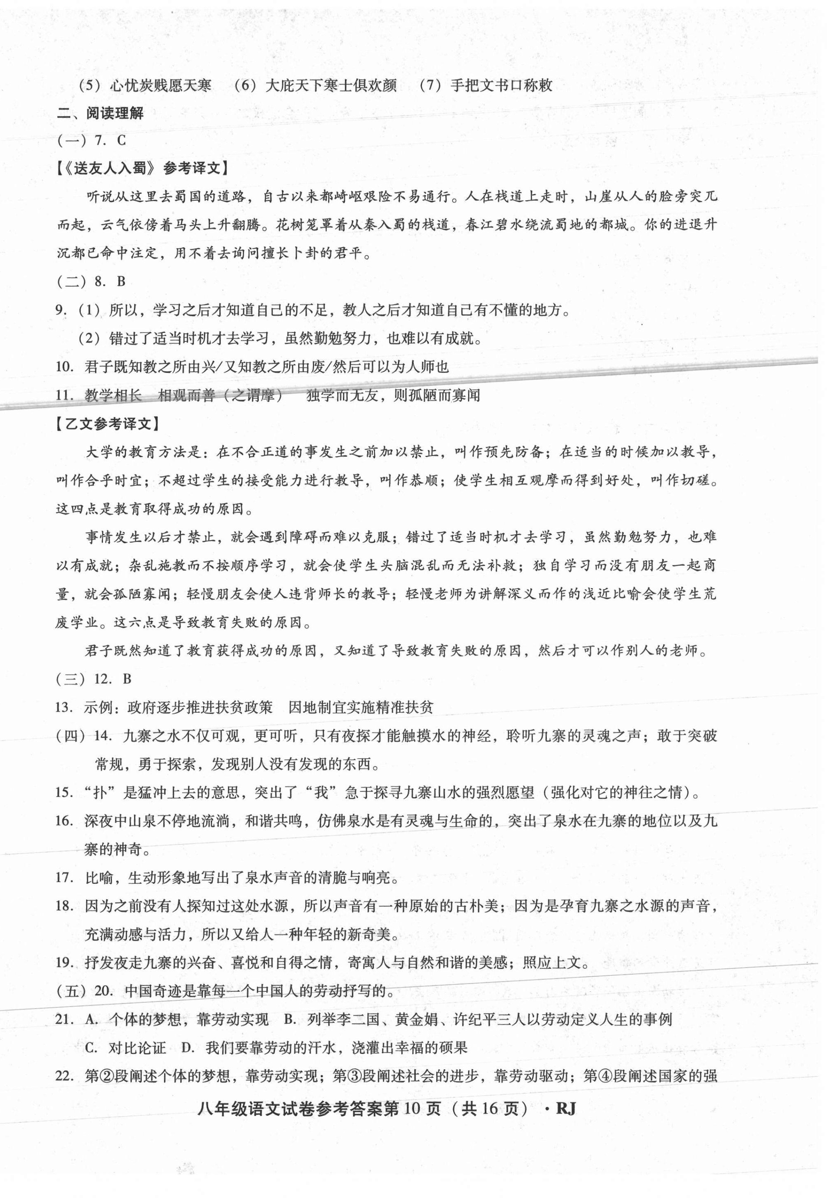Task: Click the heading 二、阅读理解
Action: click(100, 114)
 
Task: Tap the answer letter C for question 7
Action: click(122, 141)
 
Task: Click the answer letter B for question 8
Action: click(121, 282)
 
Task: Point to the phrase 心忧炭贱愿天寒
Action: click(161, 85)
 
